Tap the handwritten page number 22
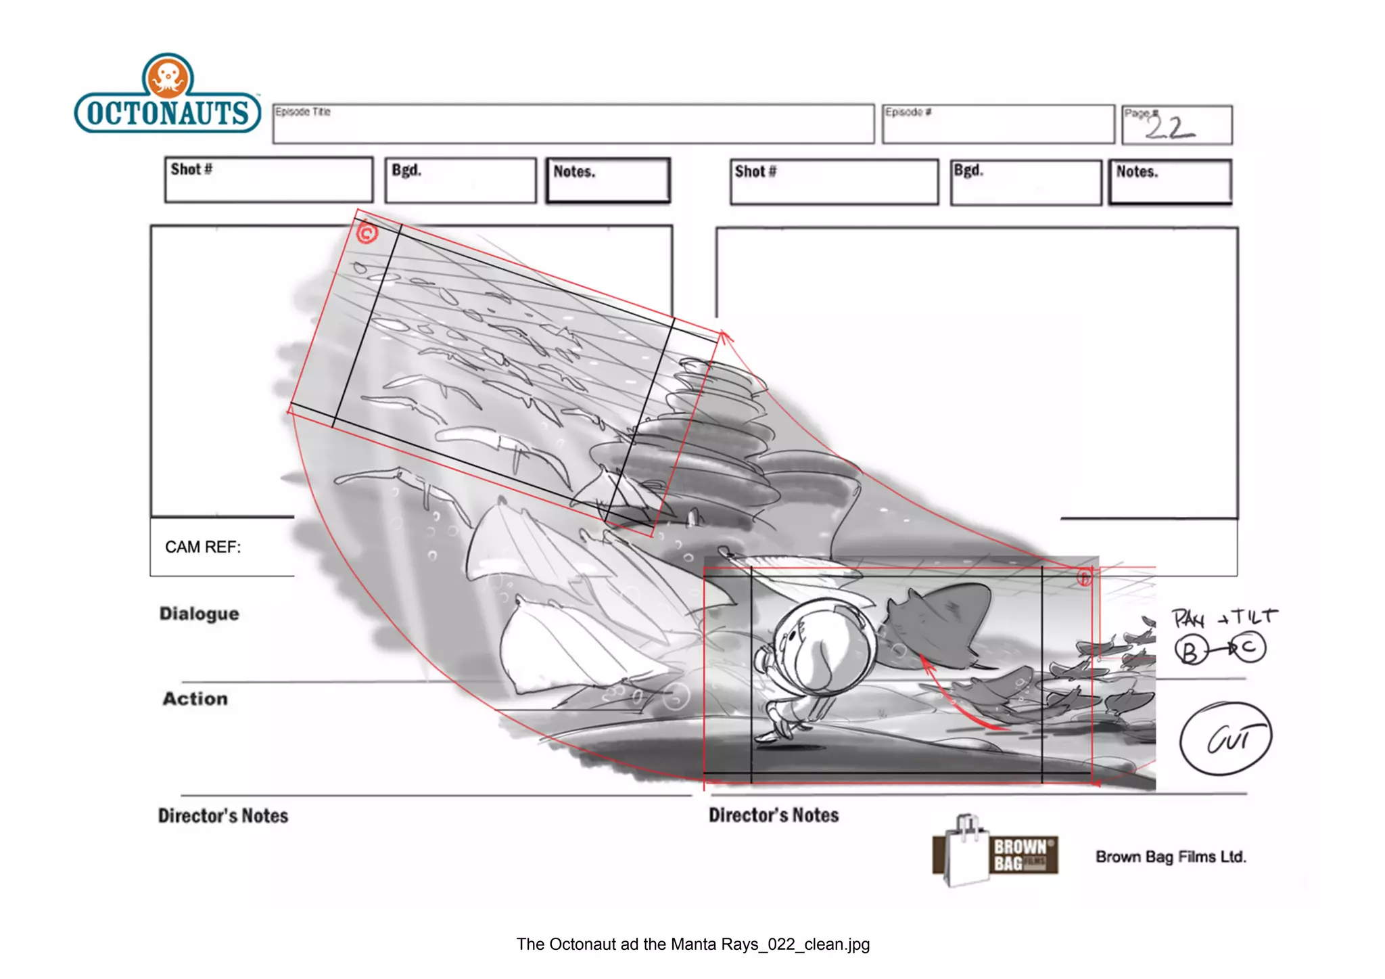tap(1169, 127)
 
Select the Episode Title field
tap(573, 124)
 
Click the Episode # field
tap(997, 124)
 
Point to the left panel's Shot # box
tap(268, 180)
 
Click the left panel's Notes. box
tap(607, 181)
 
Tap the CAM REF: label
tap(203, 547)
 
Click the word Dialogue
tap(199, 614)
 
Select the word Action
tap(195, 699)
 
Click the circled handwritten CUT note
tap(1225, 739)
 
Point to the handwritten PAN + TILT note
tap(1223, 617)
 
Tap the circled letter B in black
tap(1190, 651)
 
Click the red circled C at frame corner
tap(367, 234)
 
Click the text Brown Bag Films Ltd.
tap(1171, 857)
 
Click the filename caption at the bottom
tap(692, 944)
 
